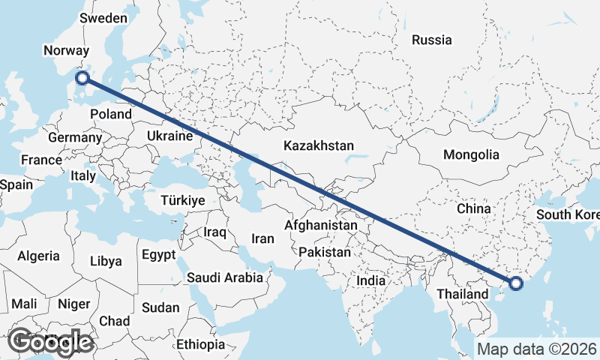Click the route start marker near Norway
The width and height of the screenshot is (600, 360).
82,77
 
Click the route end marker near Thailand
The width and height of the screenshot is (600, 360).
515,283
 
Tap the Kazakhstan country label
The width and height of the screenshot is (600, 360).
319,145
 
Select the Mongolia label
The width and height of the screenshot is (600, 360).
471,155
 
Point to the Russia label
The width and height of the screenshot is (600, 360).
432,40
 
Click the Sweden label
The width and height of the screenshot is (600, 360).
103,17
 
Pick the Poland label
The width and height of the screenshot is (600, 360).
110,114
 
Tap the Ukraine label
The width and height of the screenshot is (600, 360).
171,136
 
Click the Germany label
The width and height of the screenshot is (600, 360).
74,138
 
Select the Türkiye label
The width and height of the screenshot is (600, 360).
183,200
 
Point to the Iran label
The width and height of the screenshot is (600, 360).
262,238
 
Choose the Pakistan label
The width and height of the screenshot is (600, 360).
324,252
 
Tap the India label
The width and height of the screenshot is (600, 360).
370,280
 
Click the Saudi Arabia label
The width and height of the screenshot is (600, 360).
225,277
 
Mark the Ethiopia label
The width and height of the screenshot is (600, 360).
201,344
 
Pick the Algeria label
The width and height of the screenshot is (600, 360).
38,256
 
